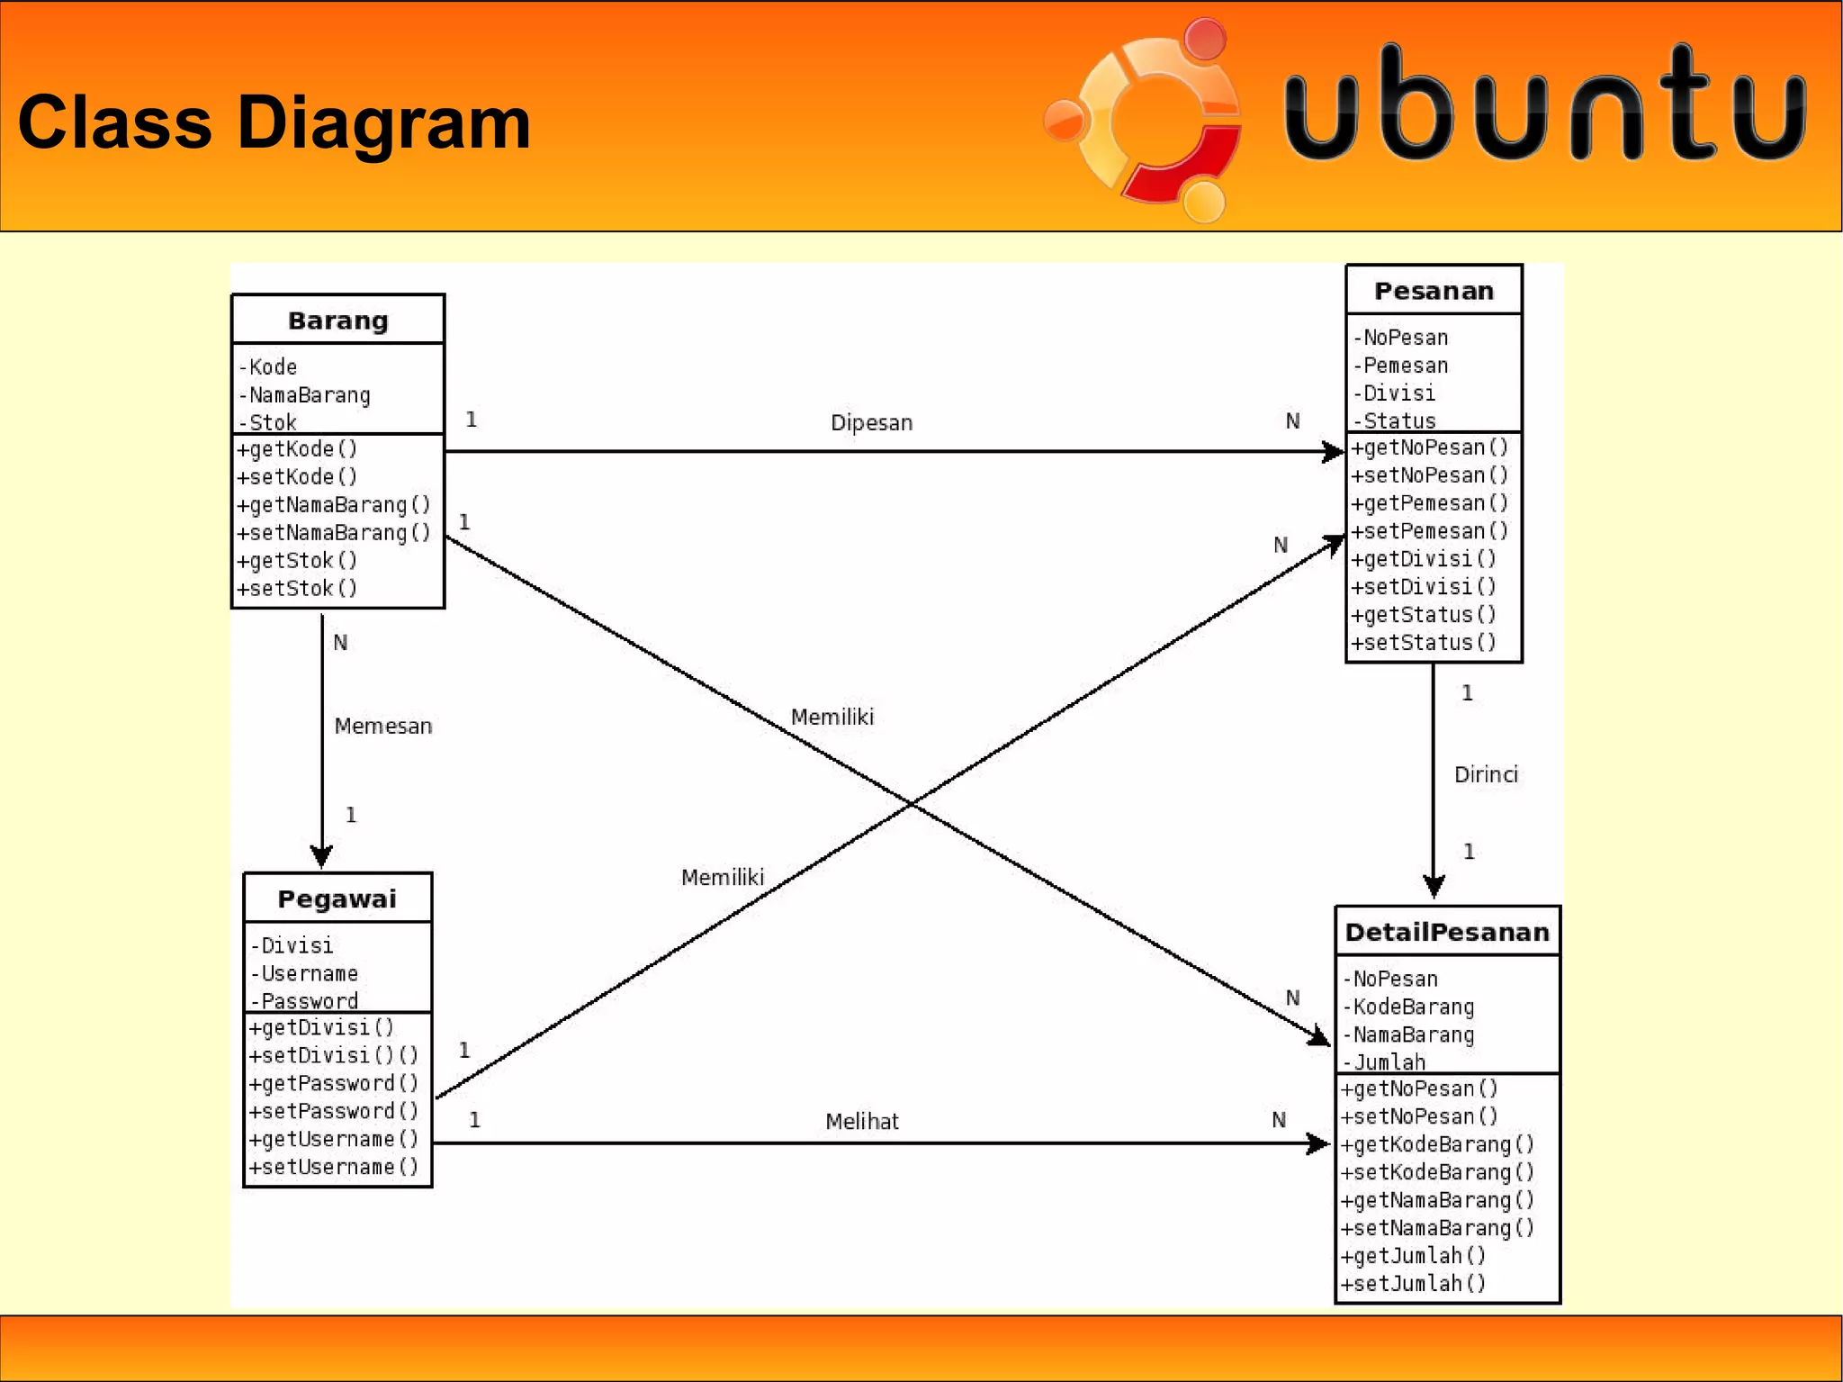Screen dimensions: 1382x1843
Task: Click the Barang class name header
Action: (337, 321)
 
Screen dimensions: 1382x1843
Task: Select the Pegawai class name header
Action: (337, 899)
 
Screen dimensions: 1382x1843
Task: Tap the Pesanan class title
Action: (1434, 291)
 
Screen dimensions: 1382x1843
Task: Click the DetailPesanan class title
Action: (1446, 932)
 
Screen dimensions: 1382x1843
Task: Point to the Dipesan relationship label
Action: (871, 422)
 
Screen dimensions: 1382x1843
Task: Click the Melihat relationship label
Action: (861, 1121)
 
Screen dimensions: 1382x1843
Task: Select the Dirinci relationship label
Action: (1486, 774)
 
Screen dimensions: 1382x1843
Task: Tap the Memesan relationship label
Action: (382, 726)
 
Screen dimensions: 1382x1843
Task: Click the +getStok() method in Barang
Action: (297, 561)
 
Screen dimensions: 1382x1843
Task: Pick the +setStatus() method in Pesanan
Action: (1423, 643)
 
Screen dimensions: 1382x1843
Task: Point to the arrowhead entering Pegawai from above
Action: (321, 856)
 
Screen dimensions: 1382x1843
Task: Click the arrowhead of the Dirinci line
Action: (1434, 886)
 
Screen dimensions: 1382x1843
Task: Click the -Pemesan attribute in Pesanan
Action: (1400, 366)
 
